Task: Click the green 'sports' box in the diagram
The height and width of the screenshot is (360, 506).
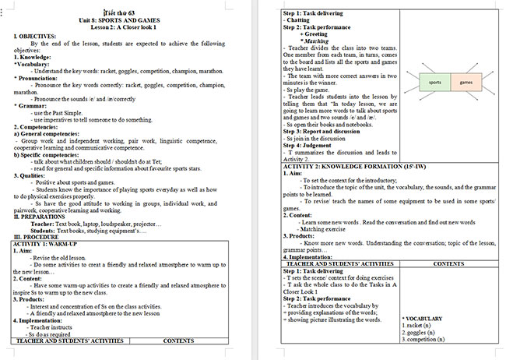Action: (x=435, y=82)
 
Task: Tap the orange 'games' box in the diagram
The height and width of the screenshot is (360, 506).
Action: (x=466, y=82)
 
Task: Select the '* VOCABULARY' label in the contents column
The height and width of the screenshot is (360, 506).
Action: (x=423, y=319)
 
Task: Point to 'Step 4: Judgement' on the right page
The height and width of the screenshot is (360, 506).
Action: (x=310, y=146)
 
